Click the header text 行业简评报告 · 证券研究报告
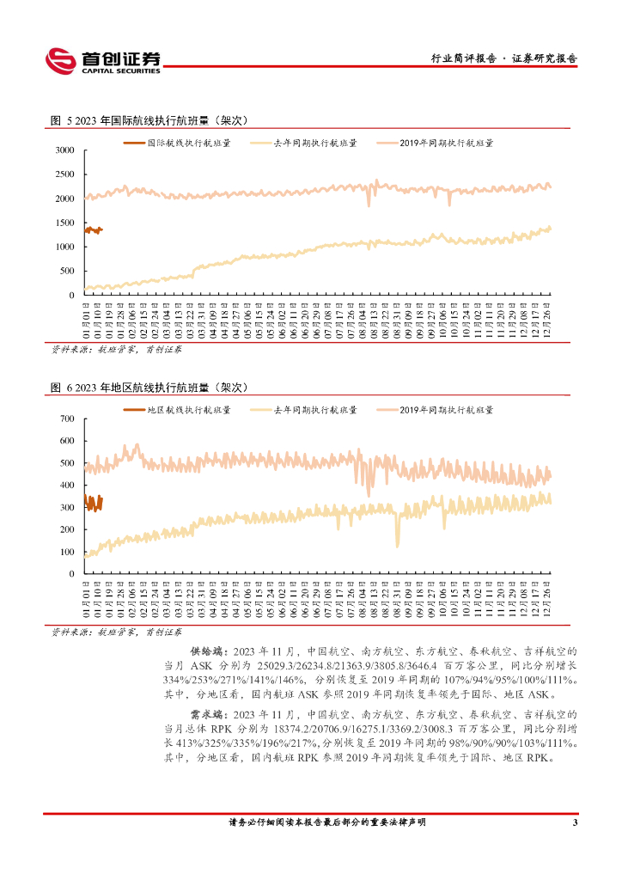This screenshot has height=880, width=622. tap(503, 59)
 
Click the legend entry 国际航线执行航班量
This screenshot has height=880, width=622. tap(178, 144)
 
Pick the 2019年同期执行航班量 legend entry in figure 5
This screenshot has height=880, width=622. tap(438, 144)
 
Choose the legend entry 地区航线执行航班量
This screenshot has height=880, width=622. tap(178, 411)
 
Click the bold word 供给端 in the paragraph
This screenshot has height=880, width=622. tap(204, 652)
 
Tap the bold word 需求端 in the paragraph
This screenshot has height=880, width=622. tap(204, 714)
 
